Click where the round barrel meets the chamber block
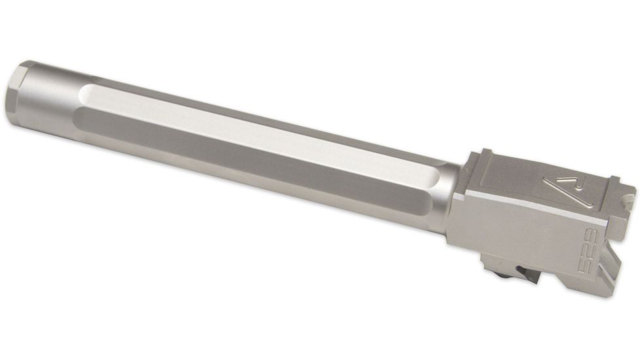[458, 196]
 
